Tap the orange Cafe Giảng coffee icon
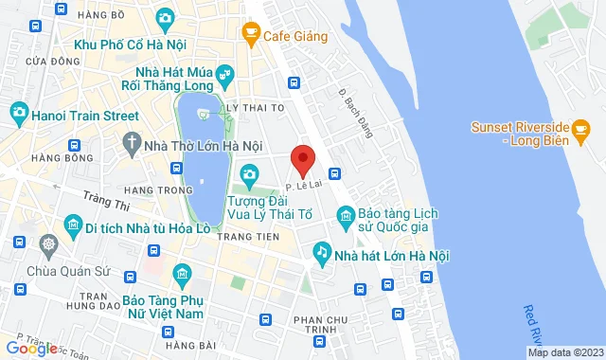pyautogui.click(x=251, y=36)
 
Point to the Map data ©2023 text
pyautogui.click(x=564, y=352)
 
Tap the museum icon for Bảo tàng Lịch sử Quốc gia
pyautogui.click(x=346, y=219)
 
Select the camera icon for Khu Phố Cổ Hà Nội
pyautogui.click(x=165, y=17)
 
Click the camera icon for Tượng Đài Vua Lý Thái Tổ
pyautogui.click(x=249, y=173)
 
